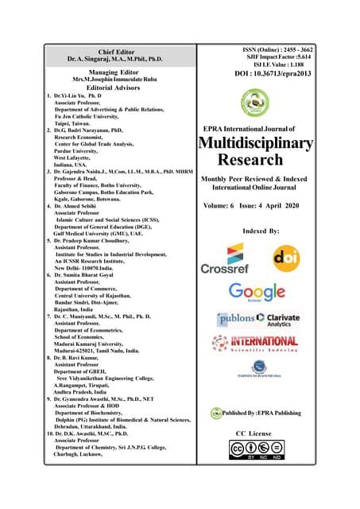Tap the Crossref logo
[227, 258]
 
